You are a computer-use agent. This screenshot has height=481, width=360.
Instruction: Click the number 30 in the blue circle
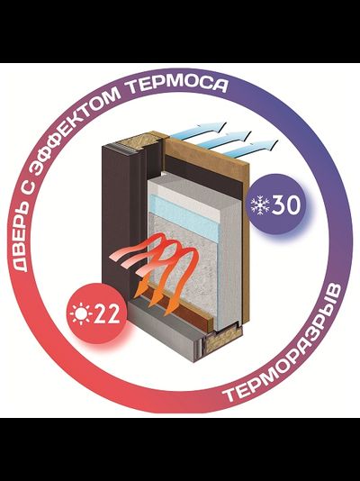click(x=286, y=204)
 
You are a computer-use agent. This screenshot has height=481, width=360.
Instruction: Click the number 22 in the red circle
click(x=106, y=314)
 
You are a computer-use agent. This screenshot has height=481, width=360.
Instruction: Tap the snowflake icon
click(x=260, y=205)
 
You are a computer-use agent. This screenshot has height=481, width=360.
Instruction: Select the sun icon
click(x=81, y=313)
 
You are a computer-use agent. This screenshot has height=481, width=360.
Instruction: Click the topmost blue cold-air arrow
click(x=199, y=130)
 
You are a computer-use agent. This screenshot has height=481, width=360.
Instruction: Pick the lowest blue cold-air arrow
click(x=250, y=147)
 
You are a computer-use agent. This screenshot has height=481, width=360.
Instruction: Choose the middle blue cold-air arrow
click(x=224, y=139)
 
